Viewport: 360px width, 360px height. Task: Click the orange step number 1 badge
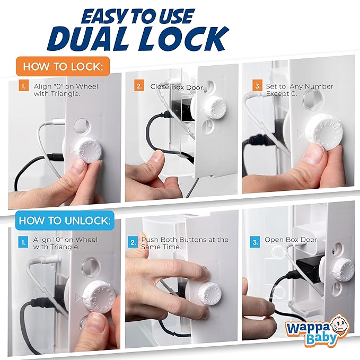click(x=23, y=86)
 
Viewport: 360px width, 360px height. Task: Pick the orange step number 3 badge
click(x=257, y=86)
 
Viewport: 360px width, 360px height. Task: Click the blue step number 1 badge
click(x=23, y=242)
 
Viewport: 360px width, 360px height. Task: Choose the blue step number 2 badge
click(x=133, y=242)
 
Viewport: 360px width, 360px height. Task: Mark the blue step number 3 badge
click(x=256, y=242)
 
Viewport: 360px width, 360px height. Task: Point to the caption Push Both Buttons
click(x=185, y=243)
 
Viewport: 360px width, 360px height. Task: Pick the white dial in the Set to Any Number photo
click(x=323, y=135)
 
